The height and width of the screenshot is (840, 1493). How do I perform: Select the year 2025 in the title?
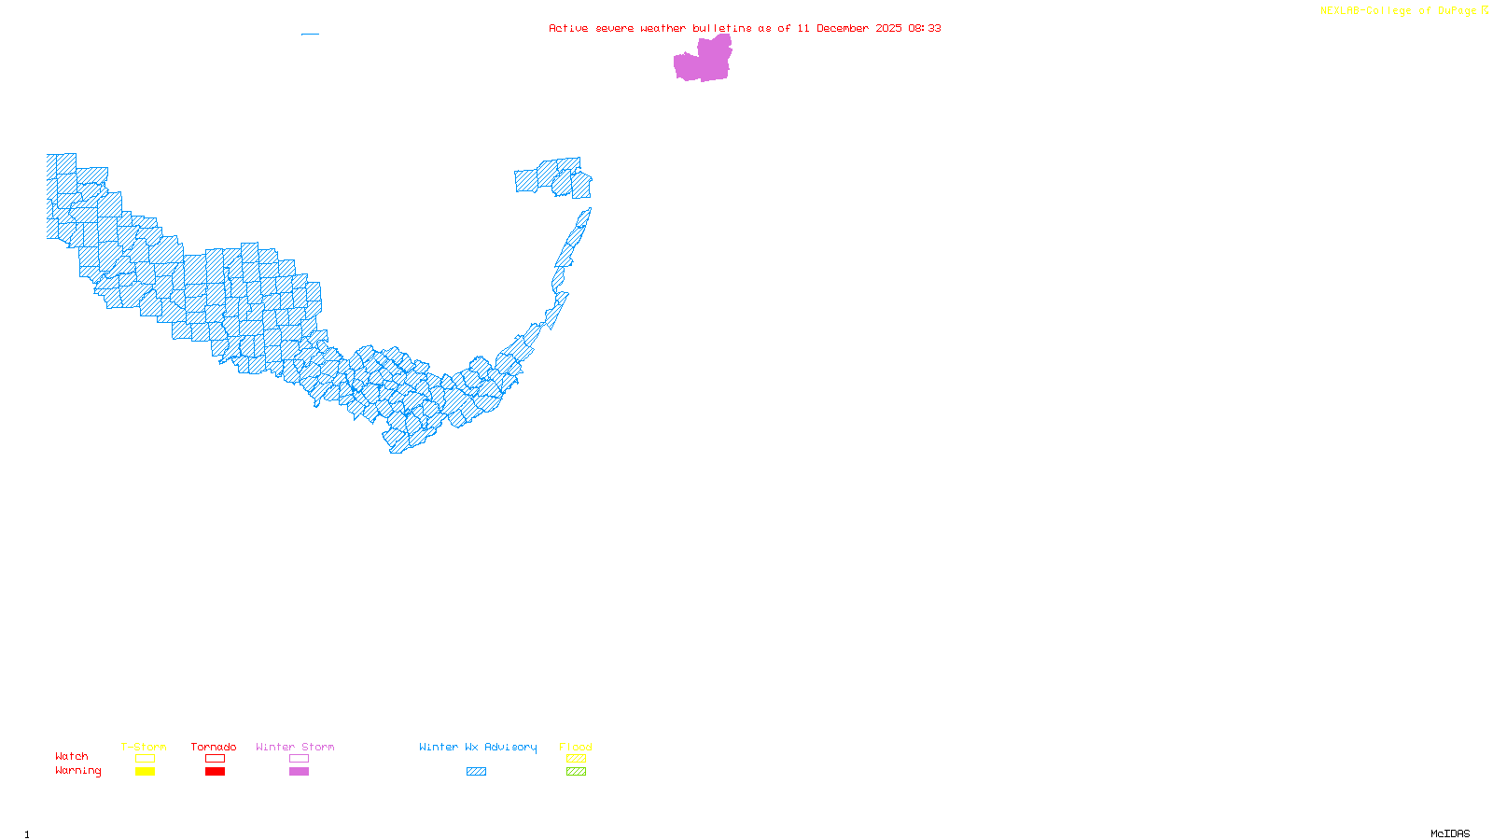pos(888,28)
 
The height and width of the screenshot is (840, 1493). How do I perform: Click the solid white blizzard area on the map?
pos(558,322)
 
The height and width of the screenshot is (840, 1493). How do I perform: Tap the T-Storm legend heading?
pos(144,747)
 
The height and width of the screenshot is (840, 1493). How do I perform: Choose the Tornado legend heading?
pos(214,747)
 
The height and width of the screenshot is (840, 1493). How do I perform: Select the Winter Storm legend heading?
pos(295,747)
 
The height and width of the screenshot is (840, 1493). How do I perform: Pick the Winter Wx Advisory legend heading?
pos(478,747)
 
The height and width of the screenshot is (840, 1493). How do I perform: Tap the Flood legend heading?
pos(576,747)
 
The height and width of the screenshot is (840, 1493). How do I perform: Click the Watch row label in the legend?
pos(72,756)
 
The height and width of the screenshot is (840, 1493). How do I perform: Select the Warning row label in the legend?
pos(77,771)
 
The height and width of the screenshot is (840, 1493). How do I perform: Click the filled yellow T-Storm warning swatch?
pos(145,772)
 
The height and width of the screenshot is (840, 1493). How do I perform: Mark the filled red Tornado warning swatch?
pos(215,772)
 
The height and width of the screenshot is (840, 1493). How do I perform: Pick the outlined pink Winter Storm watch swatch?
pos(299,759)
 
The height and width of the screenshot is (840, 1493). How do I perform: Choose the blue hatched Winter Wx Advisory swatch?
pos(476,772)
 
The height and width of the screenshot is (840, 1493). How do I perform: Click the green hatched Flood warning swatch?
pos(576,772)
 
